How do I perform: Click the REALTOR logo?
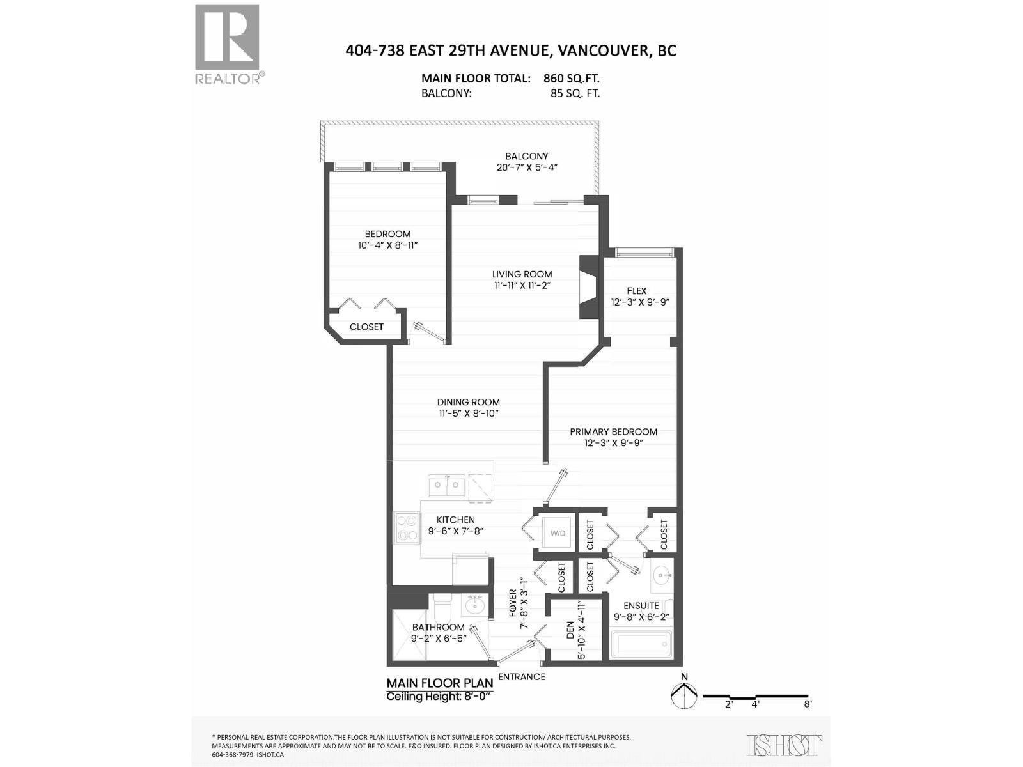pos(227,43)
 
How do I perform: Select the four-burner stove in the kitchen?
pos(407,528)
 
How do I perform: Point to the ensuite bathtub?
pos(641,644)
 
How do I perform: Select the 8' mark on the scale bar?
pos(808,704)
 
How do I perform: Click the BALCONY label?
pos(526,156)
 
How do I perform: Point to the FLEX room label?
pos(636,291)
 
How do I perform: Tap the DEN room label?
pos(570,631)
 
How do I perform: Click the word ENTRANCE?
pos(521,677)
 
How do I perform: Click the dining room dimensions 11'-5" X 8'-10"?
pos(468,414)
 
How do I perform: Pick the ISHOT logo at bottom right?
pos(784,745)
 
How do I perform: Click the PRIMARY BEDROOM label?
pos(613,431)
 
